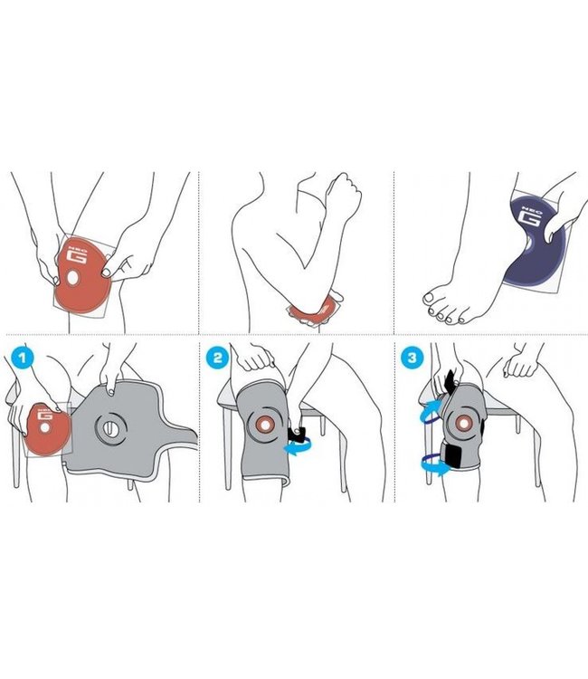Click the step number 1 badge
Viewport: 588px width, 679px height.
point(24,359)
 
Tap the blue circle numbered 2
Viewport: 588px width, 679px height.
point(217,358)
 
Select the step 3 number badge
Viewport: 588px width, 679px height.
point(412,358)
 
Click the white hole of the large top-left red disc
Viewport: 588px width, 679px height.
point(72,278)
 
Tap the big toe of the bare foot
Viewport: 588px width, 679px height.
point(430,299)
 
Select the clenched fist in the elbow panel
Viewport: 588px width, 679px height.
point(344,194)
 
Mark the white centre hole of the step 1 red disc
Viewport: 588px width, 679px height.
point(44,427)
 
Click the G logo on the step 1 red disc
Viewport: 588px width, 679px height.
point(45,414)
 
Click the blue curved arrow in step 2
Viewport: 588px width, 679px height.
point(299,447)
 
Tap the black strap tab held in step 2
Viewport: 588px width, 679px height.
point(298,435)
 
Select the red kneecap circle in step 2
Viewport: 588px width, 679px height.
point(263,426)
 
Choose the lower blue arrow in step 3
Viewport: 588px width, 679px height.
point(436,464)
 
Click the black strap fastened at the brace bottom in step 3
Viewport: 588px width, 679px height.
point(451,455)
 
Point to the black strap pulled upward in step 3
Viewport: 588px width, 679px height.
point(450,382)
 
